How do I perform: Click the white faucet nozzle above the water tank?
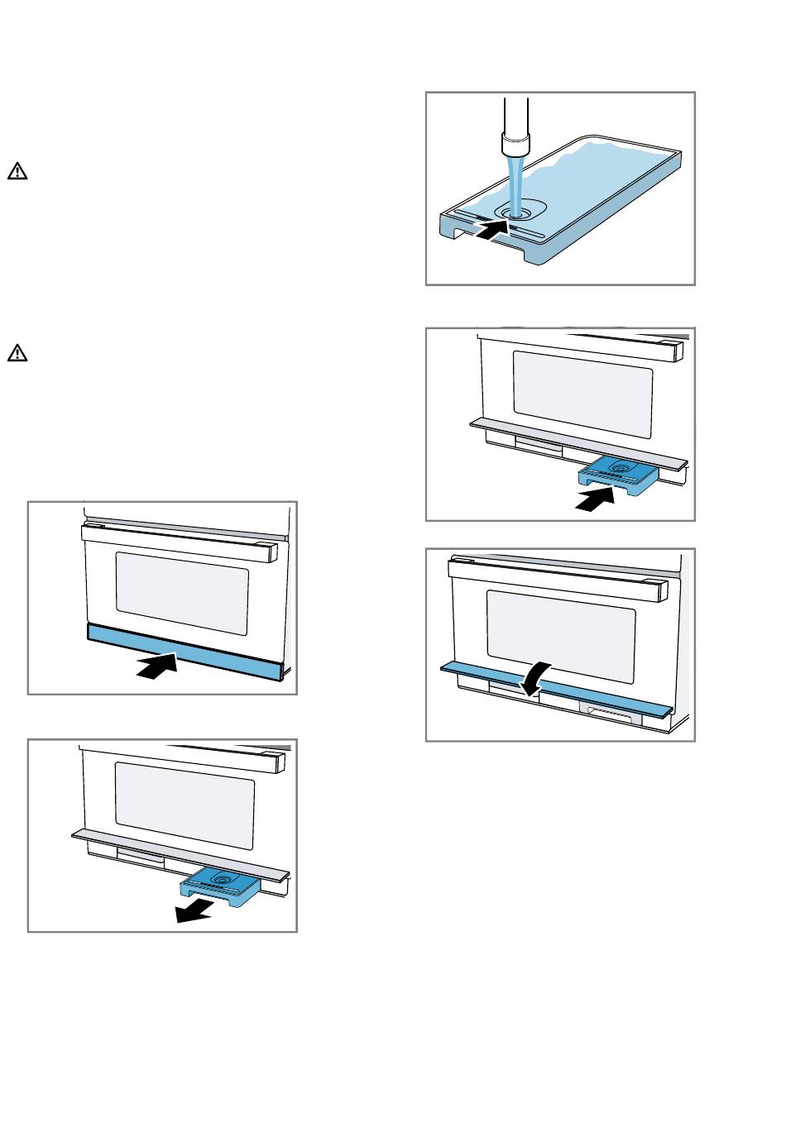tap(515, 145)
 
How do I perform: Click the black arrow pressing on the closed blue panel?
tap(158, 666)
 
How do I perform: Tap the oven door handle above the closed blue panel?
tap(178, 544)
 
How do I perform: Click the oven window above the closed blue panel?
tap(182, 594)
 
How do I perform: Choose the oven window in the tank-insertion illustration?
tap(582, 394)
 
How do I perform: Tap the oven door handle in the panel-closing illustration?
tap(558, 579)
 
